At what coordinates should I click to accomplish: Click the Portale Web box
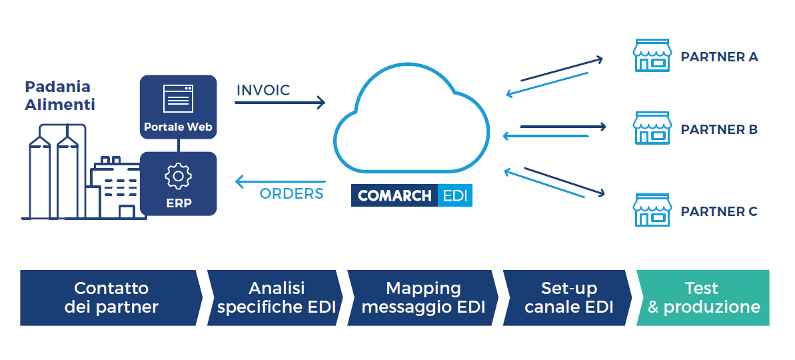178,107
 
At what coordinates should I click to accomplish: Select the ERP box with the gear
178,183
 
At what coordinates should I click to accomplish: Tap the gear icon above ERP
178,176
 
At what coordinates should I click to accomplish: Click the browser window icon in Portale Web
178,99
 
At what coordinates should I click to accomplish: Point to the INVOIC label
263,90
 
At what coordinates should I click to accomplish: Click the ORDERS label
291,194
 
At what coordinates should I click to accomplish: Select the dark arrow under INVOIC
281,103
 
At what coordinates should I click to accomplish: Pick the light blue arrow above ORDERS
281,181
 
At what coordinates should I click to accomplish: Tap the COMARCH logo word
395,196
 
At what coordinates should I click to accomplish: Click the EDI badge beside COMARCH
456,196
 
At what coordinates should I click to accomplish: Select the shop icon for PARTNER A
651,55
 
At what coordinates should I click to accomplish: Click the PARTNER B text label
719,129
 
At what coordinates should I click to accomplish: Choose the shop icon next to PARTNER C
651,211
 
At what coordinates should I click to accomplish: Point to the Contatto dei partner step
111,297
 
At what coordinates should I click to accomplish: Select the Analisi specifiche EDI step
276,297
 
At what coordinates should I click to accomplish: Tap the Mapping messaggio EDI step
423,297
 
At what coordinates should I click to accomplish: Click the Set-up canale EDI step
568,297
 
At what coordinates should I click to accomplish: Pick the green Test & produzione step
703,297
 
